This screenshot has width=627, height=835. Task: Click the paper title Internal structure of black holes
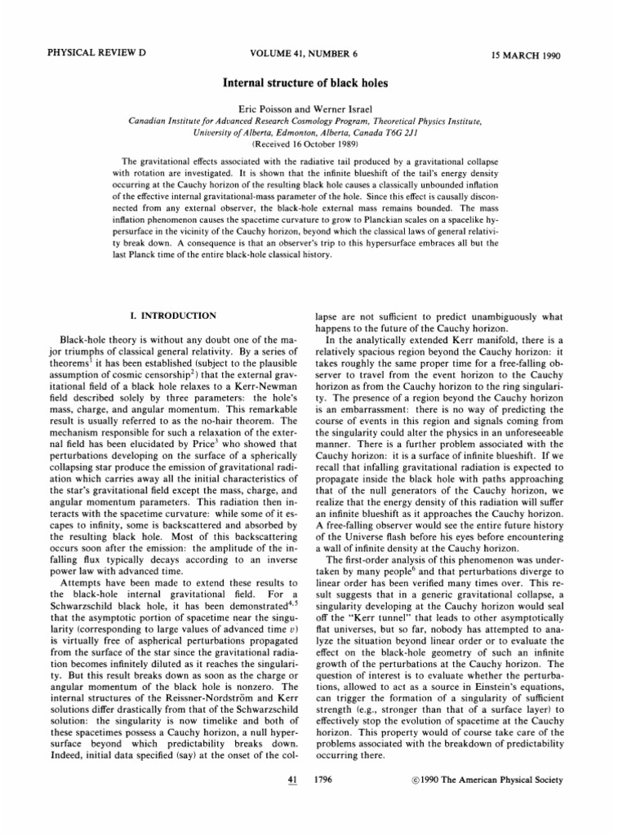coord(313,83)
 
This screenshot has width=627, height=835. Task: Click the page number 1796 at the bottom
coord(323,780)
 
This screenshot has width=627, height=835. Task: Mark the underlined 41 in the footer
coord(285,780)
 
